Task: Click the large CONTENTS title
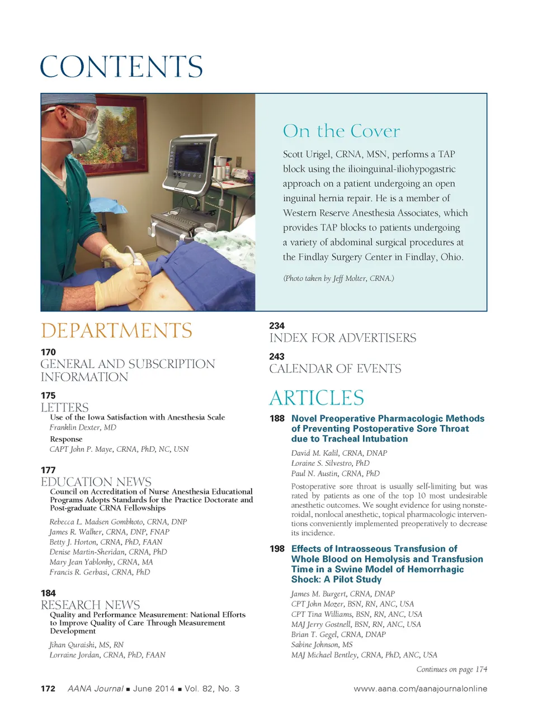point(121,67)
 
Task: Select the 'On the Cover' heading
point(341,131)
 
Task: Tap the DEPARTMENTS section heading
point(116,330)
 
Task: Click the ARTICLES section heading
point(317,398)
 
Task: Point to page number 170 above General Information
point(48,352)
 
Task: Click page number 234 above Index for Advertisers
point(277,325)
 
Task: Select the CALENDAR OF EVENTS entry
point(335,369)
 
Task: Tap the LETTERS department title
point(64,407)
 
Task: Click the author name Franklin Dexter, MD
point(83,427)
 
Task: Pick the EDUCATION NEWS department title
point(96,481)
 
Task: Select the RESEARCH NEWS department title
point(90,604)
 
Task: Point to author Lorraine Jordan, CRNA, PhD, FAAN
point(107,655)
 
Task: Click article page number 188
point(277,418)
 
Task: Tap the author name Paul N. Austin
point(335,473)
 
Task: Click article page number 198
point(277,549)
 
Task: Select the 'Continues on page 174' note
point(451,669)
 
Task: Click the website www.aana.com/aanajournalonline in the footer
point(420,688)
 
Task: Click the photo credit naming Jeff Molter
point(338,278)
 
